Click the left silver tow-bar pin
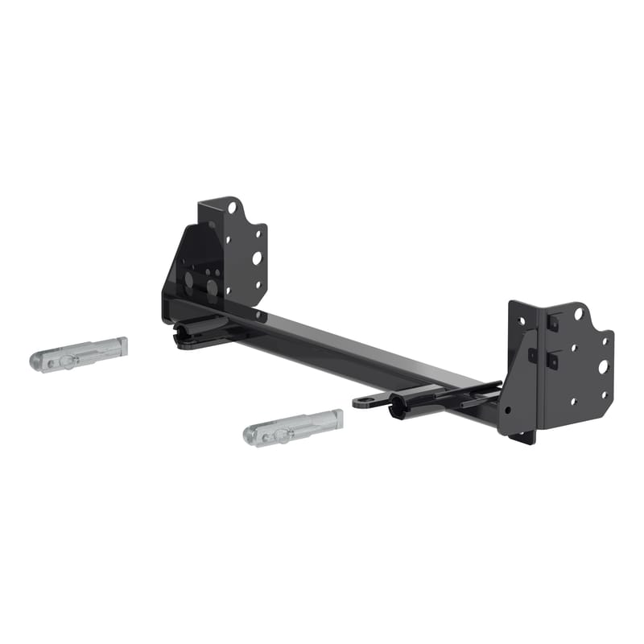[79, 353]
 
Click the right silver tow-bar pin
[293, 427]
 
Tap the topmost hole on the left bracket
[232, 208]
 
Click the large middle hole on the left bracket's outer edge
[257, 258]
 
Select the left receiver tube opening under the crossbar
[184, 331]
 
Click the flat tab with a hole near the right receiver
[365, 400]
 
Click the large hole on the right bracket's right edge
[603, 366]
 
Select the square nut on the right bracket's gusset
[531, 356]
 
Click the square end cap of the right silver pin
[336, 418]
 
